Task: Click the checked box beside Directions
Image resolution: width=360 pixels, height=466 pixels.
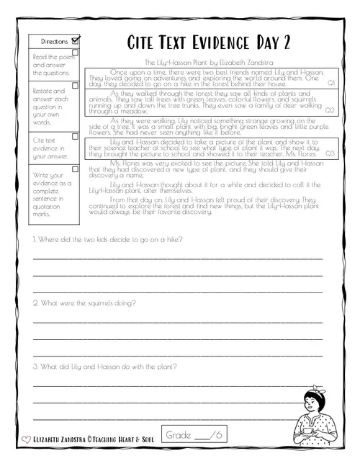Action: pos(76,40)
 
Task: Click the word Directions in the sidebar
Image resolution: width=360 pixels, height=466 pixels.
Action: pos(55,42)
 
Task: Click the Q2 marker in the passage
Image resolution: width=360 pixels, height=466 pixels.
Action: pos(330,110)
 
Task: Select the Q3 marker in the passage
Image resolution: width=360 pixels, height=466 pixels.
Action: pos(330,153)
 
